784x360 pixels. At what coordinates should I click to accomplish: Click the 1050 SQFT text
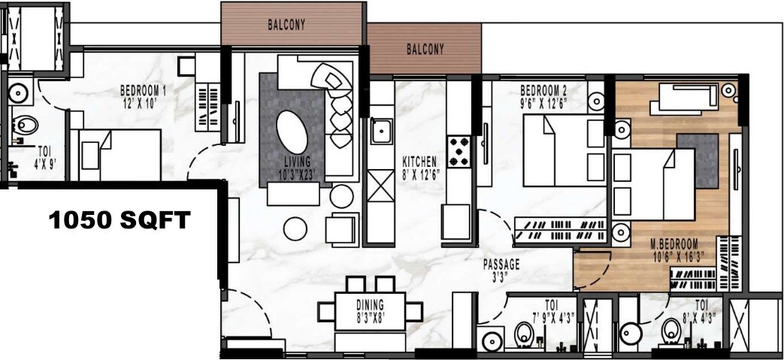(120, 220)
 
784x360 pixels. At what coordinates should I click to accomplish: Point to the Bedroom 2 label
(543, 96)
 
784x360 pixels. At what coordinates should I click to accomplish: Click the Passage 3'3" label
(501, 271)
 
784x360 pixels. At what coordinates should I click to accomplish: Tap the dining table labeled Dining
(370, 310)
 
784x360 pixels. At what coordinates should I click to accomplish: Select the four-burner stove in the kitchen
(459, 151)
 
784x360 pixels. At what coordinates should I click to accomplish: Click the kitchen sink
(381, 132)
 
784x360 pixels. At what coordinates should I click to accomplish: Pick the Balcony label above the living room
(286, 25)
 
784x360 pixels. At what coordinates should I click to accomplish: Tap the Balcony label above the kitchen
(425, 50)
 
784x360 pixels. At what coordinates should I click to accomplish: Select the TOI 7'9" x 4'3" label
(552, 311)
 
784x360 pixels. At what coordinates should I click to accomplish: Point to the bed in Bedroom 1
(120, 154)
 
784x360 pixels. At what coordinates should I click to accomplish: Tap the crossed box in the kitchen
(380, 186)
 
